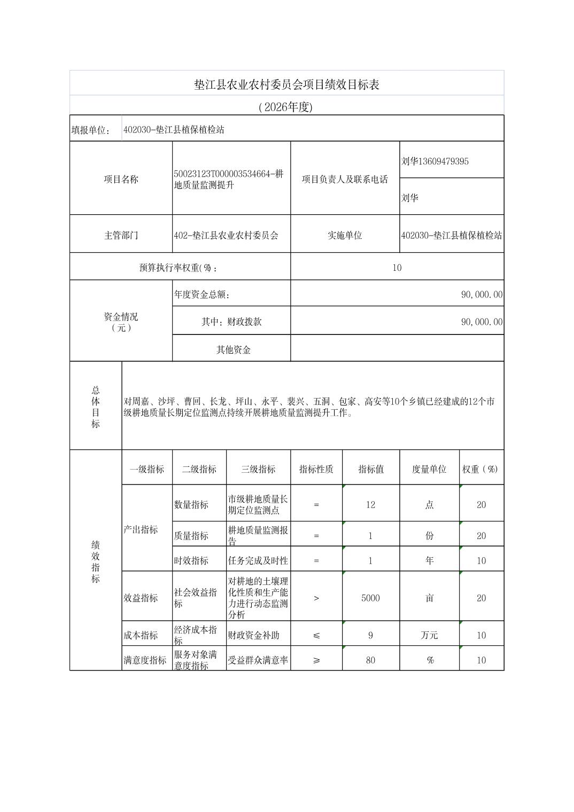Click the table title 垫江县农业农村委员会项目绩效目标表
point(286,84)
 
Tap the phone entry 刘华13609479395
point(435,161)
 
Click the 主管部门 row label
point(121,235)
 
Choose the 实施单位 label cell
point(345,235)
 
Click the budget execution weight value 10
point(397,268)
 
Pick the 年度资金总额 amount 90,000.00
point(482,294)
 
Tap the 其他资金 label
point(233,350)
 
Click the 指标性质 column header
point(316,469)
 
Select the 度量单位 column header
point(429,469)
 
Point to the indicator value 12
point(370,504)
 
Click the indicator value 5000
point(370,598)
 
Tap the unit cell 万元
point(429,635)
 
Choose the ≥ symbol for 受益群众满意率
point(316,660)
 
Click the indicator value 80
point(370,660)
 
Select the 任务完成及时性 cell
point(258,560)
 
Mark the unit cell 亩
point(429,598)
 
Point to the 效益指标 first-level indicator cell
point(141,598)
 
